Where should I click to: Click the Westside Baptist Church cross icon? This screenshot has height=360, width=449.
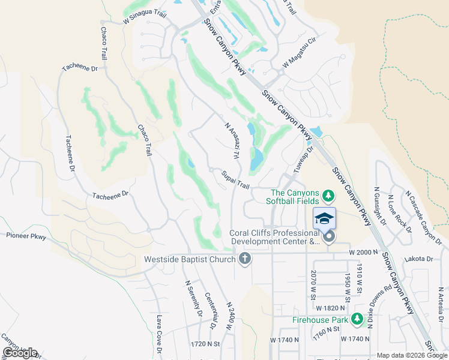click(x=244, y=259)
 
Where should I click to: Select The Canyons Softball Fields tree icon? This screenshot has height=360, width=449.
click(x=328, y=196)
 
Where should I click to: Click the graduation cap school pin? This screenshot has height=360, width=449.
click(x=324, y=218)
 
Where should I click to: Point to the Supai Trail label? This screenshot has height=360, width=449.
click(x=235, y=179)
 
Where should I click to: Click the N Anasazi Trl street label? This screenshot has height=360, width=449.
click(x=232, y=142)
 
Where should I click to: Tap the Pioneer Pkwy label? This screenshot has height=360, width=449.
click(x=22, y=236)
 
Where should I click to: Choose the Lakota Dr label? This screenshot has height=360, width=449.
click(x=420, y=259)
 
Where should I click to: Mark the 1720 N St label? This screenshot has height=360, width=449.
click(x=205, y=345)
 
